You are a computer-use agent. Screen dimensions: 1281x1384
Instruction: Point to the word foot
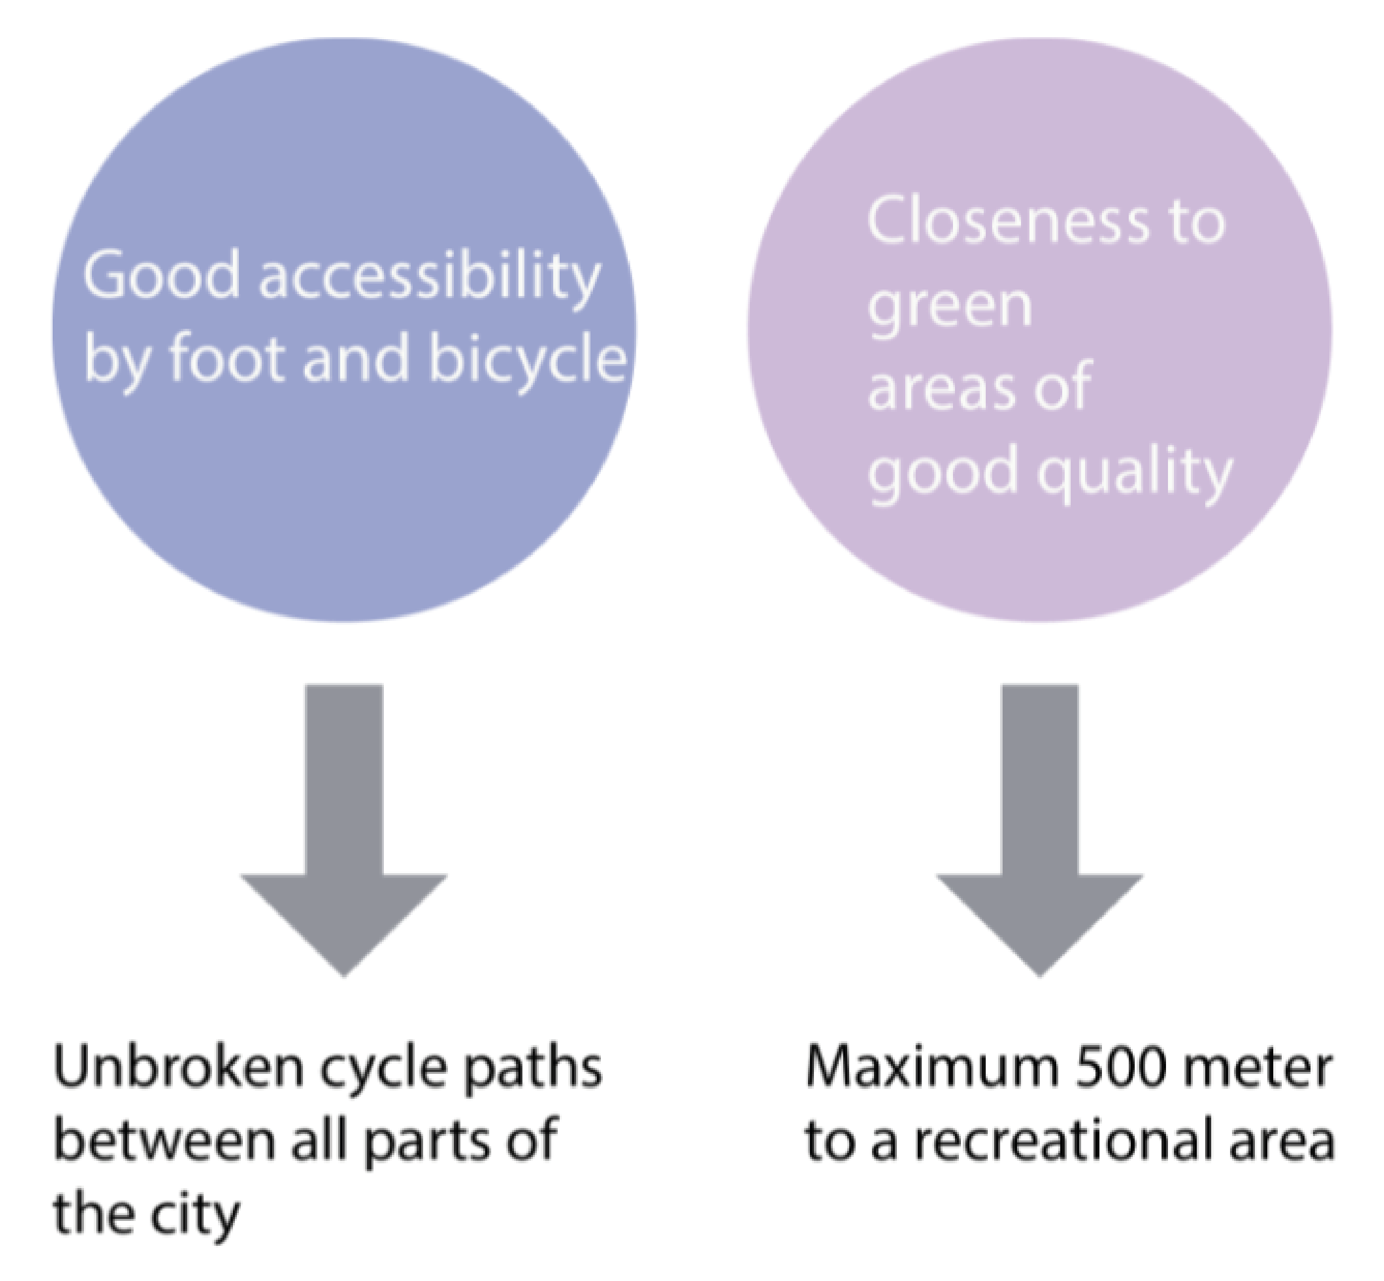tap(226, 359)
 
